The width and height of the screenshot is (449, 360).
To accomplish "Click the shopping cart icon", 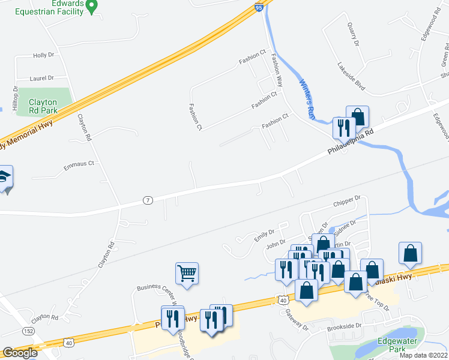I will tap(187, 274).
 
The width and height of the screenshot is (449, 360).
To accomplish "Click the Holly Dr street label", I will tap(44, 55).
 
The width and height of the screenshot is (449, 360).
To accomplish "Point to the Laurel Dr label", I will tap(42, 78).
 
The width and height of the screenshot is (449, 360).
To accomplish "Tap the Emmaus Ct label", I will tap(80, 164).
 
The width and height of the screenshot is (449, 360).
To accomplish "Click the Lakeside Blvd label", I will tap(351, 76).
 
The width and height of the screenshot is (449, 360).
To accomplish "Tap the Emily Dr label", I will tap(264, 235).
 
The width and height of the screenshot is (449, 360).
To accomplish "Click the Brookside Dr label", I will tap(345, 327).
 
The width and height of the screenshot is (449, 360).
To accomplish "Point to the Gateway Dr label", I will tap(297, 324).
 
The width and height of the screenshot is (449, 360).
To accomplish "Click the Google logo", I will tap(19, 353).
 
